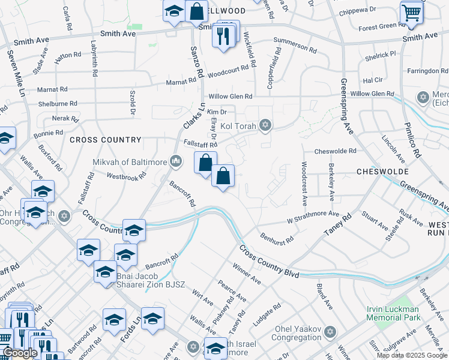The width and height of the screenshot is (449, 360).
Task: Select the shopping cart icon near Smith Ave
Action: (x=411, y=13)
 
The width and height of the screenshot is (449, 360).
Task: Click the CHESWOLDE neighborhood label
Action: (x=382, y=171)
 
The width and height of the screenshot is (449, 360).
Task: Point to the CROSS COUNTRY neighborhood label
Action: (x=105, y=140)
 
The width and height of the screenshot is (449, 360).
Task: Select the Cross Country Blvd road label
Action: (x=269, y=261)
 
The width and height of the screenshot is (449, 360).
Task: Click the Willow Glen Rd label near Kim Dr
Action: (x=230, y=96)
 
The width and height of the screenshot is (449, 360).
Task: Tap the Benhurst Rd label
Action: (x=277, y=238)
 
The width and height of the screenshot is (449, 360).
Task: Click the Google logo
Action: (x=20, y=353)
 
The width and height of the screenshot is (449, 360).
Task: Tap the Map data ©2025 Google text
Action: (x=412, y=355)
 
